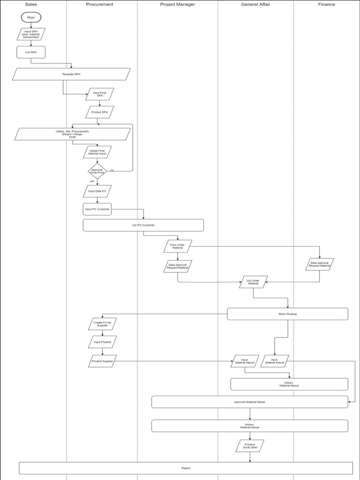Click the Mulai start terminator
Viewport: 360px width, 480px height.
(x=31, y=17)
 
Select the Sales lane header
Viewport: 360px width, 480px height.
(x=31, y=4)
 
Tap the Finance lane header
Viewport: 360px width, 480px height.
(x=326, y=4)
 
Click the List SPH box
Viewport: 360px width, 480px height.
(x=31, y=52)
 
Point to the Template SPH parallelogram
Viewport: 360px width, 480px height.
(x=71, y=74)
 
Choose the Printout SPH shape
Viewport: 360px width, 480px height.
(x=99, y=112)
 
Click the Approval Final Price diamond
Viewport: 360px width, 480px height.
(x=97, y=171)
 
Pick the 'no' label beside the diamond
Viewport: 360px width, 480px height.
(x=112, y=170)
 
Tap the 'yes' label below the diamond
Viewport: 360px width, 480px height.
(x=92, y=181)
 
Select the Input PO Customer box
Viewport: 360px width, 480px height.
(x=97, y=209)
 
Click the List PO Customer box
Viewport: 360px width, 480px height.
(x=143, y=225)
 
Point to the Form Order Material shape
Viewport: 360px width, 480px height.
(x=178, y=246)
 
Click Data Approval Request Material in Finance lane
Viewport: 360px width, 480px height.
(x=320, y=264)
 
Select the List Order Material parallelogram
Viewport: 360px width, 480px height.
(x=253, y=282)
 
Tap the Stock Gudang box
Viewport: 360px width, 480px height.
(x=287, y=314)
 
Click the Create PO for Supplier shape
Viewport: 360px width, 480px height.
(x=102, y=324)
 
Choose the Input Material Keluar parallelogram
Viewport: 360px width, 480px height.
(x=275, y=360)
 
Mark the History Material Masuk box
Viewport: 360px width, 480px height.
(x=289, y=384)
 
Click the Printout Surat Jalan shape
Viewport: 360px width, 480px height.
(x=249, y=446)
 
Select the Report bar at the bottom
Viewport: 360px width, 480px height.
(x=186, y=468)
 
